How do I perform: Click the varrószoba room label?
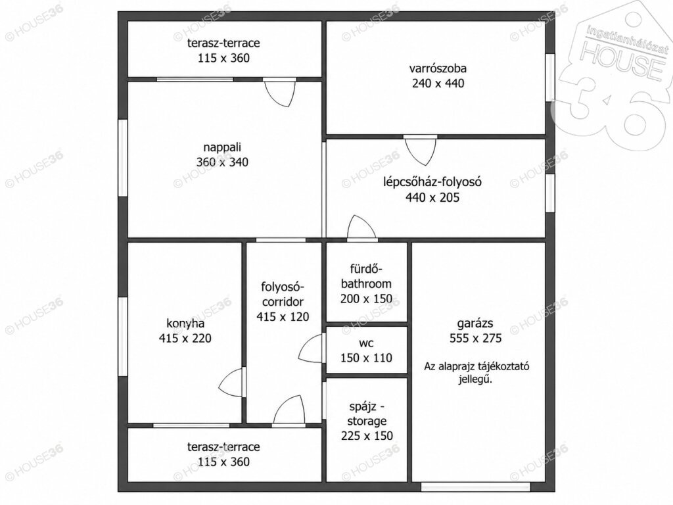[438, 68]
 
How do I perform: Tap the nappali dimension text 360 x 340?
[222, 162]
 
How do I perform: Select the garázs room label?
[475, 324]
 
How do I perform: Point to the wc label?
[366, 343]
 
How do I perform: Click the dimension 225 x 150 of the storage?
[367, 436]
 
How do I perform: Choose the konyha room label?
[185, 324]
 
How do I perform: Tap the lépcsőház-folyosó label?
[432, 181]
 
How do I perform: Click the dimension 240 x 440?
[438, 83]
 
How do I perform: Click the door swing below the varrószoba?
[421, 151]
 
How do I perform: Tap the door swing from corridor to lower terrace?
[289, 410]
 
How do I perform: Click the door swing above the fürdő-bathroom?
[362, 227]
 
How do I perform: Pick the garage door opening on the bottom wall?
[476, 487]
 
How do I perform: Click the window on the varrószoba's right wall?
[550, 78]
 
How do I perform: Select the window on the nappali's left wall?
[123, 158]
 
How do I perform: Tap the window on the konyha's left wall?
[123, 337]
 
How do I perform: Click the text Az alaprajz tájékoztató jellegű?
[476, 373]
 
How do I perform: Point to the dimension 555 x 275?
[476, 339]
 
